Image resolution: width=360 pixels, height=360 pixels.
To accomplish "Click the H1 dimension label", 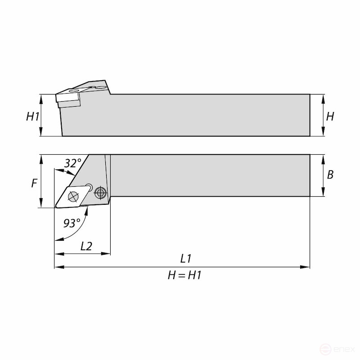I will [x=32, y=117].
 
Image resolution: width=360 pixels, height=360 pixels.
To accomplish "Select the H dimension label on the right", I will [x=330, y=116].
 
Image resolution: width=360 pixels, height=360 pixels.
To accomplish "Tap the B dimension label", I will [x=330, y=175].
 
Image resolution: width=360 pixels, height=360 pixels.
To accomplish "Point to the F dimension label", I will [x=34, y=183].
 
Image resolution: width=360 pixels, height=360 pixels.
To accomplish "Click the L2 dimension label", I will [x=86, y=246].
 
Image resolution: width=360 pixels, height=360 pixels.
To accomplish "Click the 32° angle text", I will [x=72, y=163].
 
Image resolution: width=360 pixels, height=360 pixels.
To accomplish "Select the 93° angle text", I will [x=72, y=223].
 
